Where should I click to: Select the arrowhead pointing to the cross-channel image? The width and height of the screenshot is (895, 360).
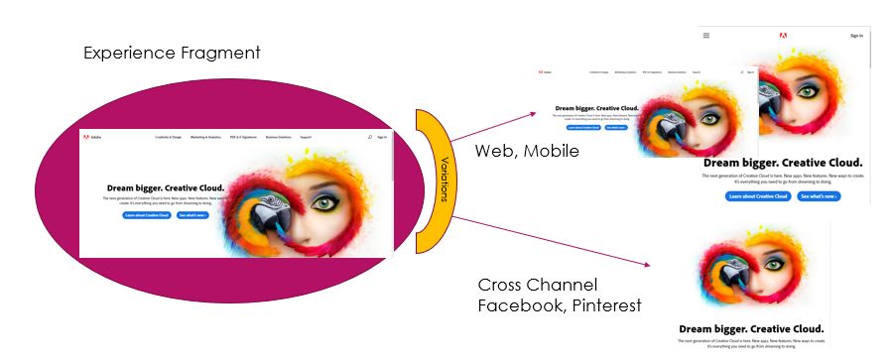point(646,265)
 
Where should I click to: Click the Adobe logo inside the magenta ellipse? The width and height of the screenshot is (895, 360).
point(90,137)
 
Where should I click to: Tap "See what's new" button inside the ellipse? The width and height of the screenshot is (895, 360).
point(193,214)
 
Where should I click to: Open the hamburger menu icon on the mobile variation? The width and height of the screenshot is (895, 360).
point(706,35)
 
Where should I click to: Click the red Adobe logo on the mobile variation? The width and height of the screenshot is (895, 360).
point(783,35)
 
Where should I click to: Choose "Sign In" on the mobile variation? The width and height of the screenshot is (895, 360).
point(856,35)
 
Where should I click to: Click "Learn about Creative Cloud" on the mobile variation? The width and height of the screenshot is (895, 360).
point(758,196)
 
